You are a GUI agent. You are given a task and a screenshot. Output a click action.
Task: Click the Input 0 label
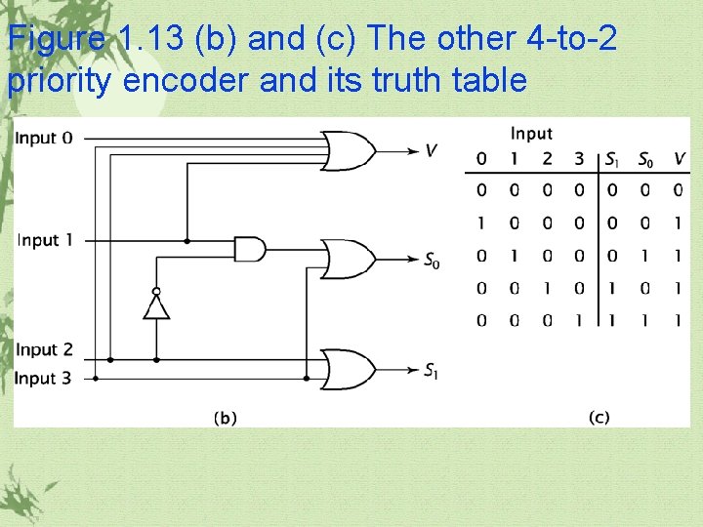(43, 138)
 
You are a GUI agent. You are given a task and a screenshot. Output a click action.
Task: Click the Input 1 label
(43, 240)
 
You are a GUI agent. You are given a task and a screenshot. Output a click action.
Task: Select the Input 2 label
(43, 349)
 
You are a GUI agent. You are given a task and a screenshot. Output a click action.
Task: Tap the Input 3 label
(43, 378)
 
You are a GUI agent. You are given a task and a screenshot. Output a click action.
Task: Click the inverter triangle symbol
(156, 306)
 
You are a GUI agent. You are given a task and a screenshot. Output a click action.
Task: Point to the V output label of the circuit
(431, 150)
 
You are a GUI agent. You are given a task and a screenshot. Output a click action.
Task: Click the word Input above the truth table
(531, 134)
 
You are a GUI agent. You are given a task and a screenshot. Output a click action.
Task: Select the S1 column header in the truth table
(612, 160)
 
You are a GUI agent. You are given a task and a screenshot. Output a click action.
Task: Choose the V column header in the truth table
(679, 159)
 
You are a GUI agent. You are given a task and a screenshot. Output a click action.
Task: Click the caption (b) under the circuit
(225, 418)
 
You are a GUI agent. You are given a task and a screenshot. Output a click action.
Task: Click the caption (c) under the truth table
(599, 417)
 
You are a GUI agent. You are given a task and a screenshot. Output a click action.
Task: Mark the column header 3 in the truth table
(579, 159)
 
